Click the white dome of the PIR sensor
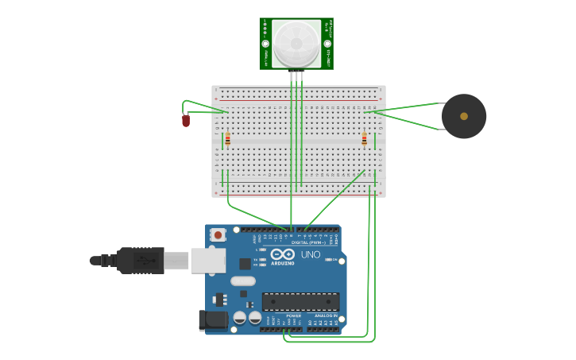tap(296, 43)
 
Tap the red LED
tap(186, 121)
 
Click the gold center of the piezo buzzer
tap(464, 116)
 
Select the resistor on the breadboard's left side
tap(227, 140)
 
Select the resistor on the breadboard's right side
tap(365, 140)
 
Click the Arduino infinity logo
tap(282, 255)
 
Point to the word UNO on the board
tap(311, 254)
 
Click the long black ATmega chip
tap(300, 301)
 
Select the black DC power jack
tap(211, 319)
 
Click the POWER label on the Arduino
tap(294, 315)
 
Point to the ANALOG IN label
tap(325, 315)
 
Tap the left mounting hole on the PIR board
tap(265, 44)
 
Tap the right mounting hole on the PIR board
tap(327, 44)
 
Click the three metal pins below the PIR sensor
tap(296, 75)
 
